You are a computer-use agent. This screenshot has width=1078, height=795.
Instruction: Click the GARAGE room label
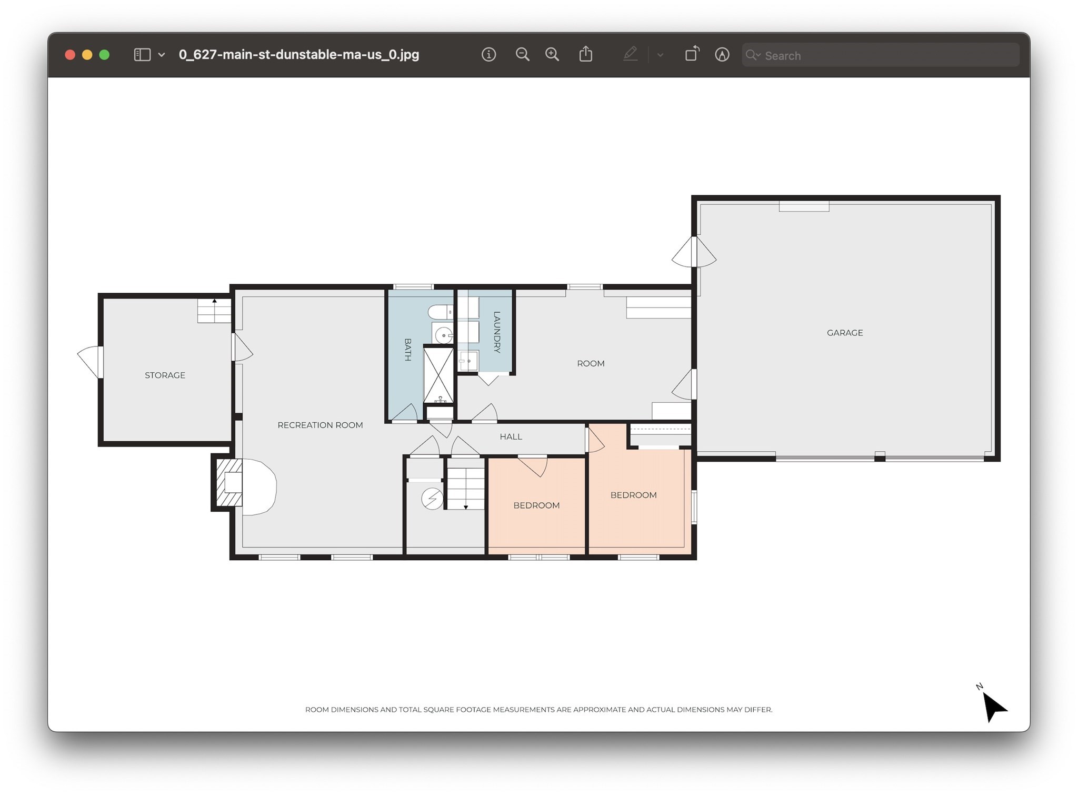845,333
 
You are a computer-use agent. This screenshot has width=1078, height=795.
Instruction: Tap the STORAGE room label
165,375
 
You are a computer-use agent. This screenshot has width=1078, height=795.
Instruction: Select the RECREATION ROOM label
320,425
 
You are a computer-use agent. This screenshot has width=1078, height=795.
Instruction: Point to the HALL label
511,436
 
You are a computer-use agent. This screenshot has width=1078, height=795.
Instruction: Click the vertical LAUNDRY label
497,332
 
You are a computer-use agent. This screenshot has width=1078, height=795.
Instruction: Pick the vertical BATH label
407,350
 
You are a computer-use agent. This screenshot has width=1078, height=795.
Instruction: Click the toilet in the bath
440,312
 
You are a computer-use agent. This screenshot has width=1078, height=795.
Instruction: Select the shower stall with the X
438,375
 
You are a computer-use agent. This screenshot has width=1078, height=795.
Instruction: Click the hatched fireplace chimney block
229,483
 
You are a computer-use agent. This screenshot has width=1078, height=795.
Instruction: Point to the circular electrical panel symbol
432,498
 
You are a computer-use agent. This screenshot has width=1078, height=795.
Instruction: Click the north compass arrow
993,706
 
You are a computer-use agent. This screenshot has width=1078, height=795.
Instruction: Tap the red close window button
70,55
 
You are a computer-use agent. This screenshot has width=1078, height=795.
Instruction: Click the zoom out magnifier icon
522,54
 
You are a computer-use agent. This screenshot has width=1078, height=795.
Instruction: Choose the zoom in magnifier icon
552,54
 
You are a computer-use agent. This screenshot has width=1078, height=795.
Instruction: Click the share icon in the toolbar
586,54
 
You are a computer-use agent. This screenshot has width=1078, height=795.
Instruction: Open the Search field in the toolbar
880,55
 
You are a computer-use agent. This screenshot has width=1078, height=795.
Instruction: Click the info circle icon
488,54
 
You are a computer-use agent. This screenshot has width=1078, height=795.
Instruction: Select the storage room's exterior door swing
89,361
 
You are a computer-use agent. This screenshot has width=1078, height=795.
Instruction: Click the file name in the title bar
299,55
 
